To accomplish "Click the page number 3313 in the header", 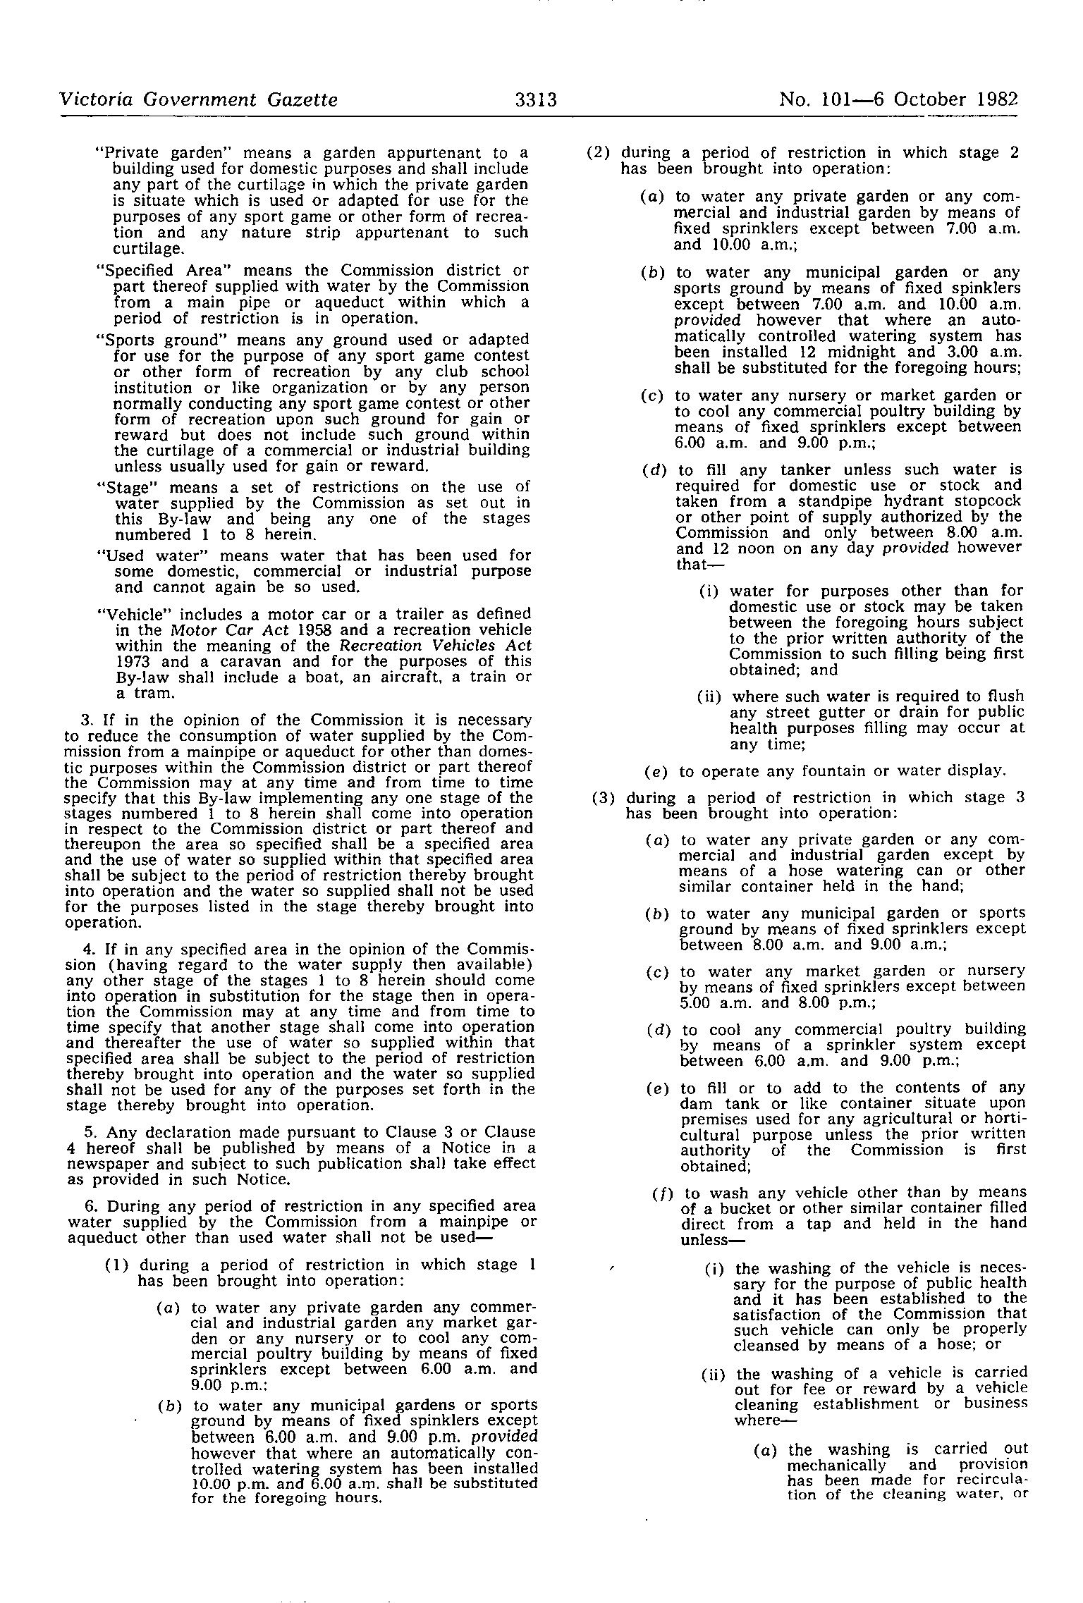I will [x=536, y=100].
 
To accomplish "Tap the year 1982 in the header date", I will [x=998, y=100].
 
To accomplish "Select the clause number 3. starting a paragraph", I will [x=89, y=720].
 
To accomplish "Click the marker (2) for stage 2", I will [x=599, y=153].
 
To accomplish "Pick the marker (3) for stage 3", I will [x=604, y=797].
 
